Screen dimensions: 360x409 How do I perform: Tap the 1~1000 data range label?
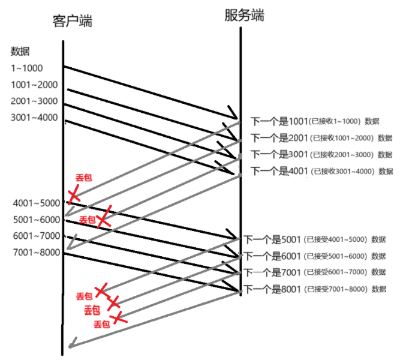(x=27, y=68)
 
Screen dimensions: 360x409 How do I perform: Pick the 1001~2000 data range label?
(x=34, y=85)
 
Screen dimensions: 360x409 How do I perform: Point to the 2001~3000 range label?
(x=34, y=101)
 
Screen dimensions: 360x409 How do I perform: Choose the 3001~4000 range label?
(x=34, y=117)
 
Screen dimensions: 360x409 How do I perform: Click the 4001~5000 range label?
(x=36, y=203)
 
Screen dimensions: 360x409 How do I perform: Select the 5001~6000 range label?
(x=36, y=220)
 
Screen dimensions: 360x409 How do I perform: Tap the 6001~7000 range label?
(x=36, y=236)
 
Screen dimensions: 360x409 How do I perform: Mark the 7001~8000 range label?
(x=36, y=252)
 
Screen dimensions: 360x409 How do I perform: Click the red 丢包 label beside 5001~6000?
(x=87, y=220)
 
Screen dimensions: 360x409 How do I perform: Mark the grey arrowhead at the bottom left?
(x=71, y=345)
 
